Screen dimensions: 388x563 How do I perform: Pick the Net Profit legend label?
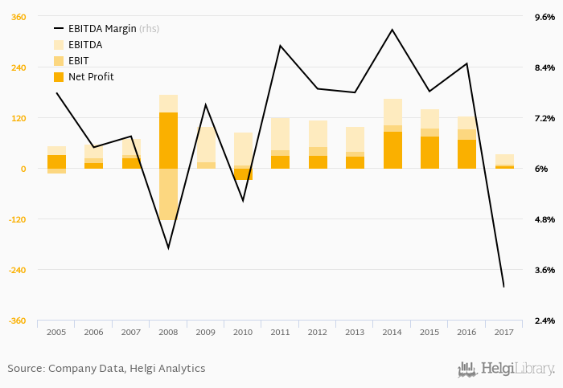[x=91, y=77]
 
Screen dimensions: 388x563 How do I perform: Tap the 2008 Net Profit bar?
[x=168, y=141]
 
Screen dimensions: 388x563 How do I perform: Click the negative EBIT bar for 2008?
[x=168, y=194]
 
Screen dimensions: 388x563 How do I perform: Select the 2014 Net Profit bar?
[x=392, y=150]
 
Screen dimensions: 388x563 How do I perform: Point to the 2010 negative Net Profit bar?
[x=243, y=174]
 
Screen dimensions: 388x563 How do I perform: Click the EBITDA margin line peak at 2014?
[x=392, y=30]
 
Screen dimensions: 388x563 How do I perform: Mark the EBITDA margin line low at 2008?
[x=168, y=247]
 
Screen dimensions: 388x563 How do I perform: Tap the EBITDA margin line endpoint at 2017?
[x=503, y=287]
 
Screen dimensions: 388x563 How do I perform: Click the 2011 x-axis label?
[x=280, y=332]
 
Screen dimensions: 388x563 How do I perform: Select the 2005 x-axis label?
[x=56, y=332]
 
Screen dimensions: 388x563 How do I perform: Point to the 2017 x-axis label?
[x=504, y=332]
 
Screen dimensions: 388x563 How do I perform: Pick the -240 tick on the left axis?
[x=17, y=270]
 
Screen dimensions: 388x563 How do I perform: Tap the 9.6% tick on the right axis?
[x=545, y=17]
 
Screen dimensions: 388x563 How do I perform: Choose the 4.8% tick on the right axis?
[x=545, y=219]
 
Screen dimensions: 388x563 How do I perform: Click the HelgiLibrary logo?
[x=506, y=370]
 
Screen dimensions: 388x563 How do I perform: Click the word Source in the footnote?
[x=25, y=369]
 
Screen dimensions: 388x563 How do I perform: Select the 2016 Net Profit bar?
[x=466, y=154]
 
